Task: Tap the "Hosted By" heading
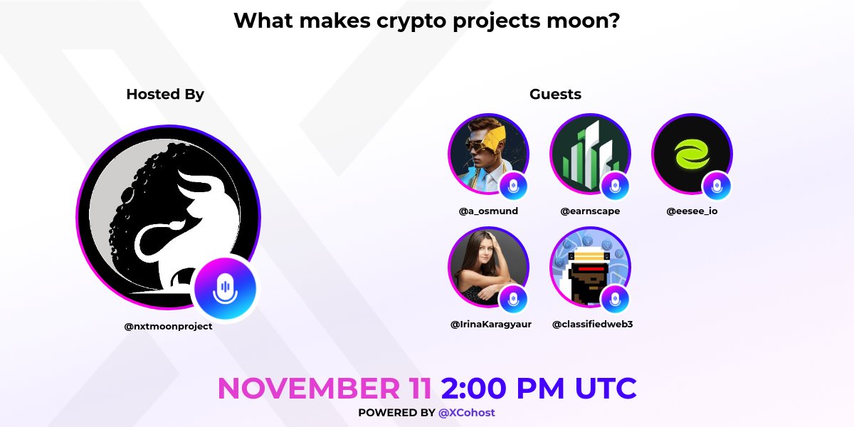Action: click(x=165, y=94)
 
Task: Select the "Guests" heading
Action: click(x=555, y=94)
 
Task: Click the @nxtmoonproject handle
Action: click(x=168, y=326)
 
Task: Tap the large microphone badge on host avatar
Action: click(x=226, y=288)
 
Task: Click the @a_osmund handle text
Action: click(x=488, y=211)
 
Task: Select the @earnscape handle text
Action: click(x=590, y=211)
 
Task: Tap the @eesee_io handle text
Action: click(x=692, y=211)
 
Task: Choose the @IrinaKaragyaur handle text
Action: click(x=491, y=325)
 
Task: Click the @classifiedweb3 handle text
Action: click(x=593, y=325)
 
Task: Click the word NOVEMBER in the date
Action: click(x=325, y=389)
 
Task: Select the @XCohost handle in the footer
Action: click(x=467, y=413)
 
